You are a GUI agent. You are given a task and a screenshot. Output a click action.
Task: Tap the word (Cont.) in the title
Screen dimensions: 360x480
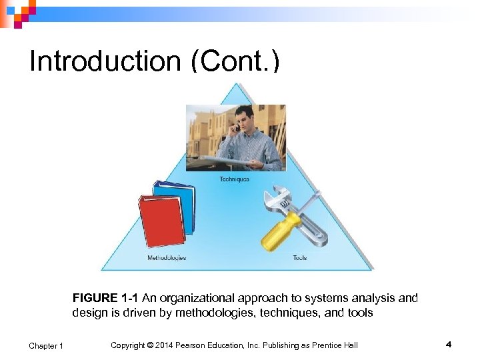pyautogui.click(x=236, y=62)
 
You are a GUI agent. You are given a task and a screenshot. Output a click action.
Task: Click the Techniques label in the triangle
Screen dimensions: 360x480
pyautogui.click(x=235, y=179)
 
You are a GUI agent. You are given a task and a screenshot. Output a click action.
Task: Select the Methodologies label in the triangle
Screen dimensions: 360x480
pyautogui.click(x=167, y=257)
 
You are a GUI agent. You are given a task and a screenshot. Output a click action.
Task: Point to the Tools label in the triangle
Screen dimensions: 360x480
pyautogui.click(x=299, y=257)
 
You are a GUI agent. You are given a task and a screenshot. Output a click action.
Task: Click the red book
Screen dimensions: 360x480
pyautogui.click(x=162, y=221)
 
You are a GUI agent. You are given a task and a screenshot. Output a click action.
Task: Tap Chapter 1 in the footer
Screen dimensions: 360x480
pyautogui.click(x=46, y=345)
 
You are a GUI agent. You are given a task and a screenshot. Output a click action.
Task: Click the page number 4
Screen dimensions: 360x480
pyautogui.click(x=449, y=345)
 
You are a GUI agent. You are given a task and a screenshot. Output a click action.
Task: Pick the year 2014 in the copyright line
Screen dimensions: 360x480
pyautogui.click(x=164, y=345)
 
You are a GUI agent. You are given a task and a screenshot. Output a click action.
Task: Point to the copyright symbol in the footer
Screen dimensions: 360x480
pyautogui.click(x=150, y=345)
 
